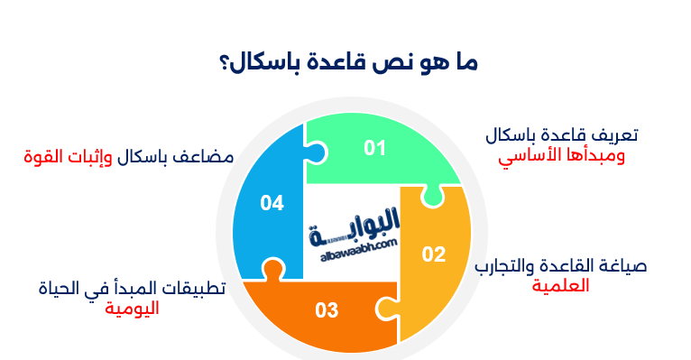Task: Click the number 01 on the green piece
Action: click(374, 148)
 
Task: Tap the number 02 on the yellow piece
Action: click(434, 254)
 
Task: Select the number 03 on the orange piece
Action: click(327, 311)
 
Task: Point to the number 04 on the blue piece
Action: click(272, 203)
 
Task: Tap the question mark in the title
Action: click(222, 65)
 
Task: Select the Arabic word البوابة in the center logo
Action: click(357, 226)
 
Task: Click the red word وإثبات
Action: click(97, 156)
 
